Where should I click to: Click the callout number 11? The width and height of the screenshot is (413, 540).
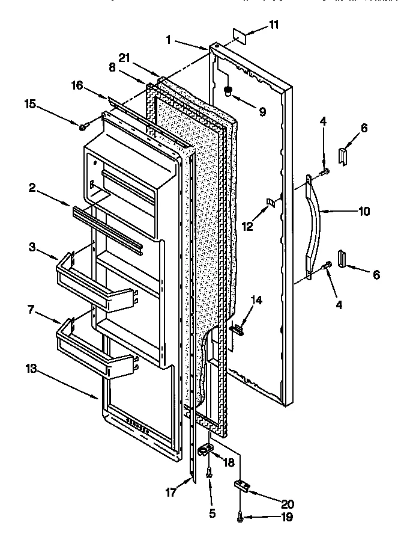point(273,25)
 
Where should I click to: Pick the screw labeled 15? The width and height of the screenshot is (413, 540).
point(83,126)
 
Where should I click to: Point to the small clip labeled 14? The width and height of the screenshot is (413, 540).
point(238,328)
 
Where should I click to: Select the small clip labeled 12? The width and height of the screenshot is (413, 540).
point(271,203)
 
